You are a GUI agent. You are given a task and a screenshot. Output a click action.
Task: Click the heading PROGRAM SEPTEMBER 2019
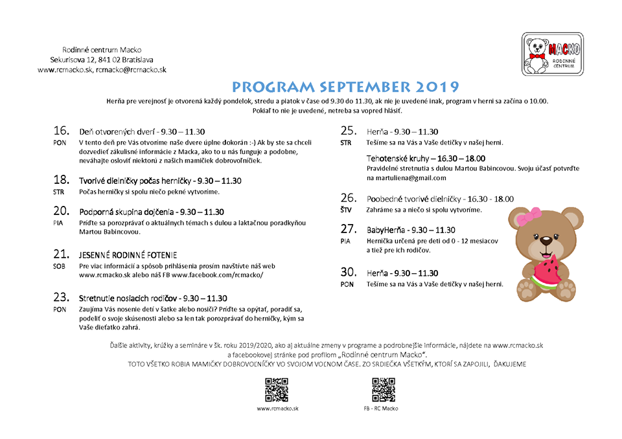(x=346, y=87)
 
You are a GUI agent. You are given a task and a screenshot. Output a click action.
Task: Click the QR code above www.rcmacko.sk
(x=277, y=390)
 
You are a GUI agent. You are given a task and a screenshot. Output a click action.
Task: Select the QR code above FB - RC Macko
(x=383, y=390)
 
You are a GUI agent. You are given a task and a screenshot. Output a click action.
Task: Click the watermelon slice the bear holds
(x=543, y=272)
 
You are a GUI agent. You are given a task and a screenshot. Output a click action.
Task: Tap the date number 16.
(x=62, y=130)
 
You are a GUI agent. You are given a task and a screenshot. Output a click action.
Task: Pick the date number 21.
(x=62, y=254)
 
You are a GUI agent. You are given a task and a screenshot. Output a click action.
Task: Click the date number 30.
(x=349, y=272)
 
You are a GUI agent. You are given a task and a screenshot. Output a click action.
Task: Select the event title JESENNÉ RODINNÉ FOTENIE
(x=128, y=255)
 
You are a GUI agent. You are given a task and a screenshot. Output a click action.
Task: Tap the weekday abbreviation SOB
(x=59, y=265)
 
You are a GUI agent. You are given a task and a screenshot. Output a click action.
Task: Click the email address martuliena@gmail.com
(x=406, y=178)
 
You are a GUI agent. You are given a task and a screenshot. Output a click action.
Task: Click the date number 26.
(x=349, y=198)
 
